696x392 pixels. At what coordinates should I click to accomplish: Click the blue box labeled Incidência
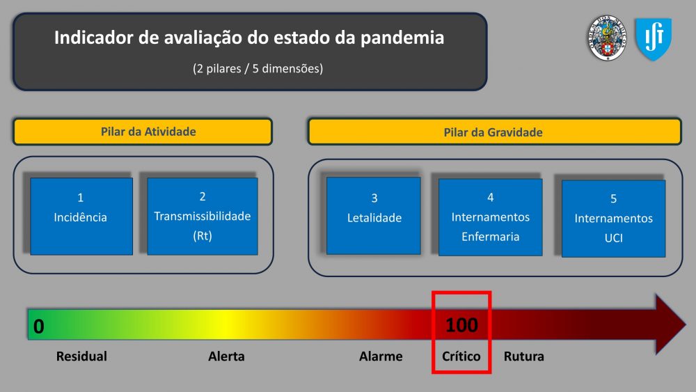81,217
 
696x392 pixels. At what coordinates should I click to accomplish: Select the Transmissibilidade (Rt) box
203,217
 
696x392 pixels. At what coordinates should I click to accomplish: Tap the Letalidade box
373,216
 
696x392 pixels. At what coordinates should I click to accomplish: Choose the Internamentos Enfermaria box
490,217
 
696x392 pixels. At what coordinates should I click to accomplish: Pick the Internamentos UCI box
613,219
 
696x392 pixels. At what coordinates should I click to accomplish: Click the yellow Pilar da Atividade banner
143,132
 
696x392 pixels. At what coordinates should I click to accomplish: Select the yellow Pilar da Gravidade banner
494,132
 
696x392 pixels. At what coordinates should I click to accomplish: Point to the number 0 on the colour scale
38,327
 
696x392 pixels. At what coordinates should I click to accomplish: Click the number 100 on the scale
461,325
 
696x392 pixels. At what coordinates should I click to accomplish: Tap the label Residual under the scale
81,356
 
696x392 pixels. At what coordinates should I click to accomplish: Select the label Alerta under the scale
226,356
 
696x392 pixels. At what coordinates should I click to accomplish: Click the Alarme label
381,356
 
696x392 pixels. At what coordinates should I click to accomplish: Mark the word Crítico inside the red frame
461,356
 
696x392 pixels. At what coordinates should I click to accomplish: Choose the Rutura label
524,356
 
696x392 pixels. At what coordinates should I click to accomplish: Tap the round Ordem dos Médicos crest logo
607,38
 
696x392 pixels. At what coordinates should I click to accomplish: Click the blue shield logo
654,39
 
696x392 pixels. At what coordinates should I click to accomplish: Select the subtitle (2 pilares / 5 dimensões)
258,69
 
